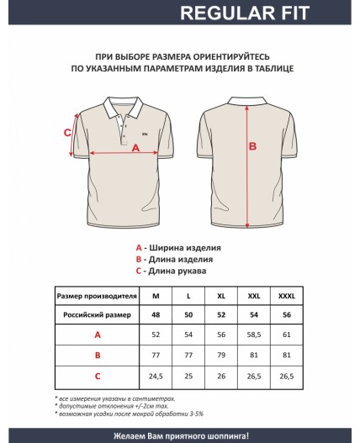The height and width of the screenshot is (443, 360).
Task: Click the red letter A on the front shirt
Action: click(135, 148)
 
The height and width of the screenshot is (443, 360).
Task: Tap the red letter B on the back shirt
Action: click(251, 145)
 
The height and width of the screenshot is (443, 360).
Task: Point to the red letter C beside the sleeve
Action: click(67, 132)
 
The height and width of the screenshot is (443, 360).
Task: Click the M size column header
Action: click(156, 297)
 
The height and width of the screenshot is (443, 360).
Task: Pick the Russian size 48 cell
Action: click(156, 314)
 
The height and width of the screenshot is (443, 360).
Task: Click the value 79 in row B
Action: click(221, 355)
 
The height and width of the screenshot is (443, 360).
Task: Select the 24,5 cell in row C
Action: click(156, 375)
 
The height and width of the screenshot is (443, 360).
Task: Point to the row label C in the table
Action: click(97, 375)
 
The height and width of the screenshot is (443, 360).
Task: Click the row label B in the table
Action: click(97, 355)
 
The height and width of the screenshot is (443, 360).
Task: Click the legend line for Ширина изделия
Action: click(178, 248)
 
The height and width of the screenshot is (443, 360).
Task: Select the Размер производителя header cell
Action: click(97, 297)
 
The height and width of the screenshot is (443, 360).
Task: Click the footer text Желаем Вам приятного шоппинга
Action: click(179, 435)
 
